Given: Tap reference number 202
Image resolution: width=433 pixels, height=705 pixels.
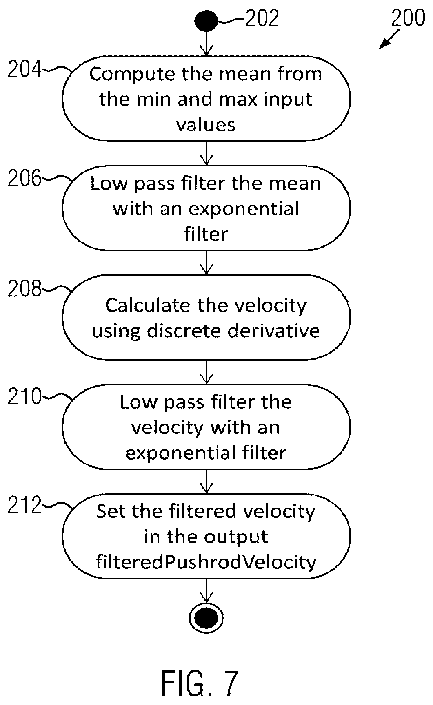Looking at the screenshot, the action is pyautogui.click(x=262, y=18).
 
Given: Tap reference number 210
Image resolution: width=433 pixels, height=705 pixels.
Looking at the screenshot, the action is pyautogui.click(x=25, y=396).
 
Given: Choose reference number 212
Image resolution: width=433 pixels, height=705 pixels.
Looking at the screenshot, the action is pyautogui.click(x=25, y=506).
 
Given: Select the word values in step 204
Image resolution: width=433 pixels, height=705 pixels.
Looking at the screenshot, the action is pyautogui.click(x=206, y=124).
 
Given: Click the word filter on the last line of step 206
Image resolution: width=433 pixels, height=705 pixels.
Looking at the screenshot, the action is pyautogui.click(x=206, y=234).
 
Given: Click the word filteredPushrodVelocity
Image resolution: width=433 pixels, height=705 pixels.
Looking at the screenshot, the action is pyautogui.click(x=206, y=563).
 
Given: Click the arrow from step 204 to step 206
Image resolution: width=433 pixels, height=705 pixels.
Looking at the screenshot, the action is pyautogui.click(x=207, y=152).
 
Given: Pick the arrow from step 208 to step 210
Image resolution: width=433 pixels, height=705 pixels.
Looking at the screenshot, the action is pyautogui.click(x=207, y=371).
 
